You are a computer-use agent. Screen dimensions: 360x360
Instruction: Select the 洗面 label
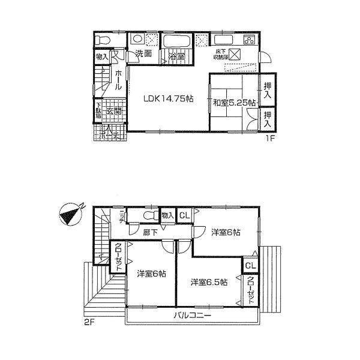coord(142,54)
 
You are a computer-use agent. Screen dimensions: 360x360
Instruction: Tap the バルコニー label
coord(193,315)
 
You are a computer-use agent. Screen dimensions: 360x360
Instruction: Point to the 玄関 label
coord(114,111)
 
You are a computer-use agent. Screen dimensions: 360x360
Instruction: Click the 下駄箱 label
coord(98,112)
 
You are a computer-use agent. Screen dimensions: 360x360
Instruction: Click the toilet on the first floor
coord(103,41)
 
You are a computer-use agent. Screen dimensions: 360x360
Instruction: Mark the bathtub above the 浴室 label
coord(177,41)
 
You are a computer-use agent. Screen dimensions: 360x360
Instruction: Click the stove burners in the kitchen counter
coord(247,41)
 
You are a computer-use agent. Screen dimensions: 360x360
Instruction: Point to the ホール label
coord(118,79)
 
